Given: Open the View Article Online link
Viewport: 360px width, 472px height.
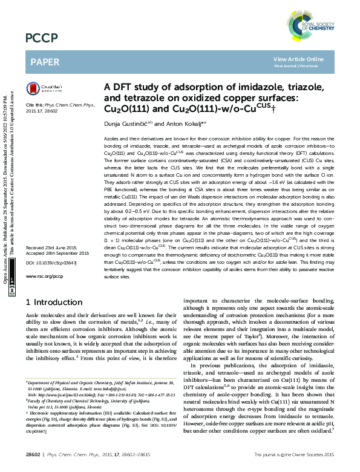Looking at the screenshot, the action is coord(298,59).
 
